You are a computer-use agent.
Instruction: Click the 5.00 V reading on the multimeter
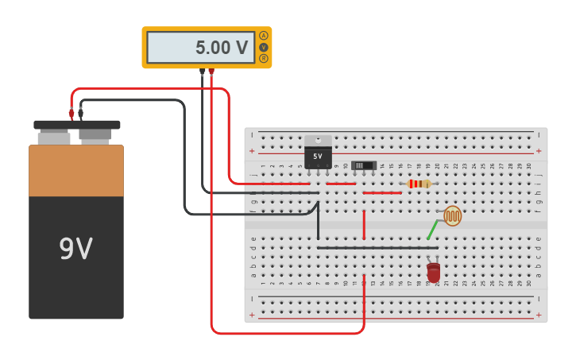click(x=222, y=48)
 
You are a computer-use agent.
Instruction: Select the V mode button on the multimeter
click(x=264, y=47)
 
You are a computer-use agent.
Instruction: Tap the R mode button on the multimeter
click(x=264, y=58)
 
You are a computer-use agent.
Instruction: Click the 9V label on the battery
click(x=76, y=250)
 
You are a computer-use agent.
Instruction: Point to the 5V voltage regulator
click(x=318, y=156)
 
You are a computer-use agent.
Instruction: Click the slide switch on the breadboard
click(x=364, y=165)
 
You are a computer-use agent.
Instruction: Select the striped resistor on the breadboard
click(x=419, y=184)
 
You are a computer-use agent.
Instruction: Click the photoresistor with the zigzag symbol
click(x=452, y=215)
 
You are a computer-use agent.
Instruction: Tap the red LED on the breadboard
click(x=433, y=273)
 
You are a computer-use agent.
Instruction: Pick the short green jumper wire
click(x=432, y=230)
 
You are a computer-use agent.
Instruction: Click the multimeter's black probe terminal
click(x=202, y=72)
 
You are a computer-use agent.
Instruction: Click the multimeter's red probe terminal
click(x=211, y=72)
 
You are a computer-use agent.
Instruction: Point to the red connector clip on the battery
click(x=72, y=114)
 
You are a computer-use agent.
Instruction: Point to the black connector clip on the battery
click(x=81, y=113)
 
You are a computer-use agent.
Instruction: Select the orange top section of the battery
click(x=76, y=170)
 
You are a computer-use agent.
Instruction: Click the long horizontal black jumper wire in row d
click(x=377, y=248)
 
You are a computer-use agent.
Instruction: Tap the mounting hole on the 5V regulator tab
click(x=318, y=140)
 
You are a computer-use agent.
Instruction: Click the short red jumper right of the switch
click(x=382, y=192)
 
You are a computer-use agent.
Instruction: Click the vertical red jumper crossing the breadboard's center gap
click(x=364, y=224)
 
